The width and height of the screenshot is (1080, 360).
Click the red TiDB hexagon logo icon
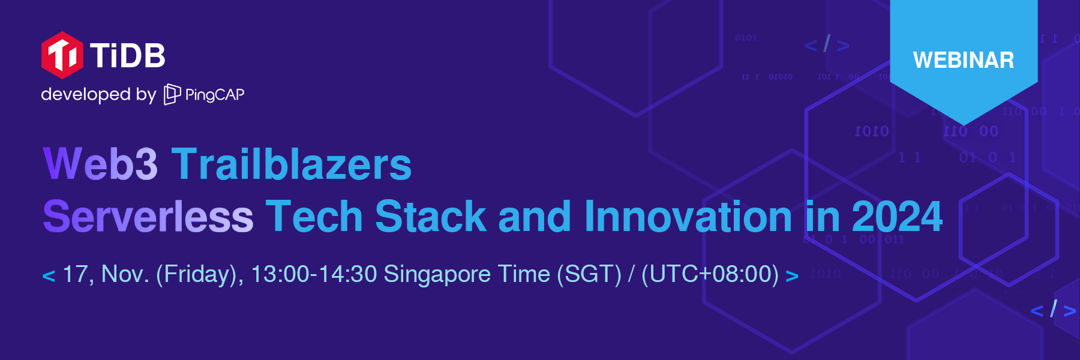[x=62, y=55]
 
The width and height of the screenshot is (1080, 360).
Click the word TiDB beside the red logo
[x=128, y=56]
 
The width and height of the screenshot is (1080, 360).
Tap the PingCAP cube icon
[x=172, y=94]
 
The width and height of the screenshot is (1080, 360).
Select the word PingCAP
[x=215, y=95]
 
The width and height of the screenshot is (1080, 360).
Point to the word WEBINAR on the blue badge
[x=964, y=60]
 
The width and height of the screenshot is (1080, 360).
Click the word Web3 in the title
[x=100, y=163]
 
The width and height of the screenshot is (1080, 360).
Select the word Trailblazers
[x=292, y=163]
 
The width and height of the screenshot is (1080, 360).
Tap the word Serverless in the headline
[x=148, y=217]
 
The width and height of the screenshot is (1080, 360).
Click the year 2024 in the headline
[x=897, y=217]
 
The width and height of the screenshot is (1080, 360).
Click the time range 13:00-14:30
[x=314, y=274]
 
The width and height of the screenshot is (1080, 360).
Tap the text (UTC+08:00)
[x=710, y=274]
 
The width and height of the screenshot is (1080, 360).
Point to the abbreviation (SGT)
[x=589, y=274]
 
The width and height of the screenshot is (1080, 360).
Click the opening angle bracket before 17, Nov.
[x=49, y=276]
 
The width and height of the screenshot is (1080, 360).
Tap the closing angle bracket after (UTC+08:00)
[x=792, y=276]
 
